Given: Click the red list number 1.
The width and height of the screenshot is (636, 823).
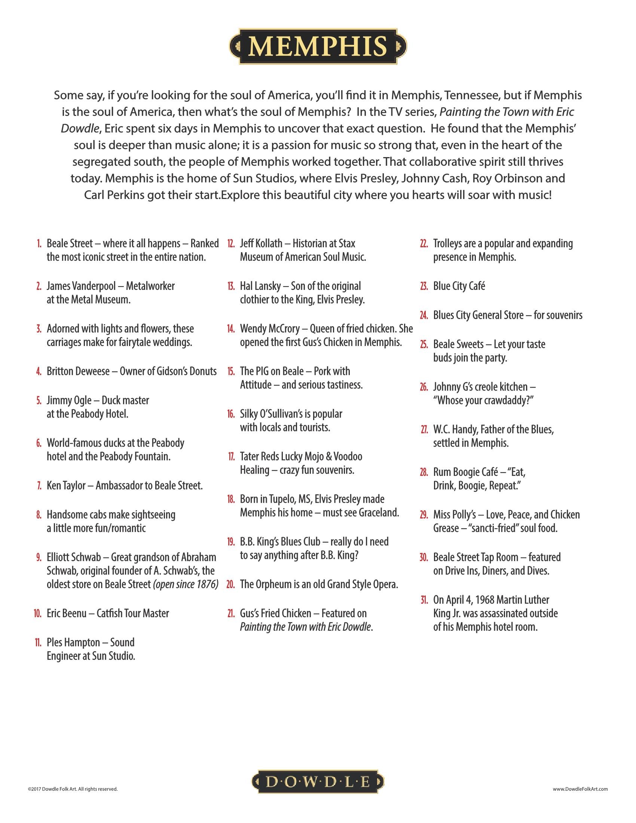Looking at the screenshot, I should click(x=39, y=244).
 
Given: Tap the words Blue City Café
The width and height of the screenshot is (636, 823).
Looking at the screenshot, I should click(x=459, y=287).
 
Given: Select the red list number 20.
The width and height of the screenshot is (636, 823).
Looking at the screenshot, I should click(x=230, y=585).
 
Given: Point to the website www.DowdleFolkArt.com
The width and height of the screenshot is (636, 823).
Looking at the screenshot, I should click(x=580, y=789).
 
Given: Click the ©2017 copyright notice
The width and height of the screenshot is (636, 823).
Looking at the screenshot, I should click(x=73, y=789).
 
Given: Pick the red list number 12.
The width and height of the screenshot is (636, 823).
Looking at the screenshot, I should click(x=231, y=244).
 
